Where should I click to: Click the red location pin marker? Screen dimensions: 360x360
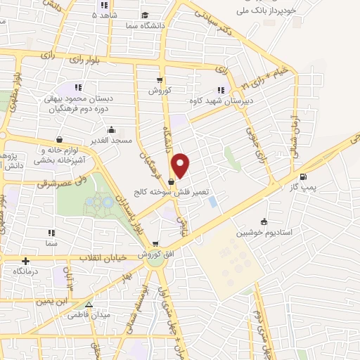point(181,165)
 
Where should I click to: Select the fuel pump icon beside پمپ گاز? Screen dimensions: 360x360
point(303,177)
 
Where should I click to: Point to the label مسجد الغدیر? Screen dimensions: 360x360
point(111,141)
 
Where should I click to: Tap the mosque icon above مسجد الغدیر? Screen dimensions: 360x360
point(111,129)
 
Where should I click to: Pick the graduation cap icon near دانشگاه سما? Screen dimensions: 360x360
point(145,15)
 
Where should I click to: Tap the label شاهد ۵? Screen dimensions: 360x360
point(106,15)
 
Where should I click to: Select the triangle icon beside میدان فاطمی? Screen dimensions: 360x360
point(89,304)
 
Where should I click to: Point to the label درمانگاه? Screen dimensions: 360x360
point(26,270)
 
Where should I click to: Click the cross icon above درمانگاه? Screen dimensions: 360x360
point(25,260)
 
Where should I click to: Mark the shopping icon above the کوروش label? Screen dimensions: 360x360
point(160,79)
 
